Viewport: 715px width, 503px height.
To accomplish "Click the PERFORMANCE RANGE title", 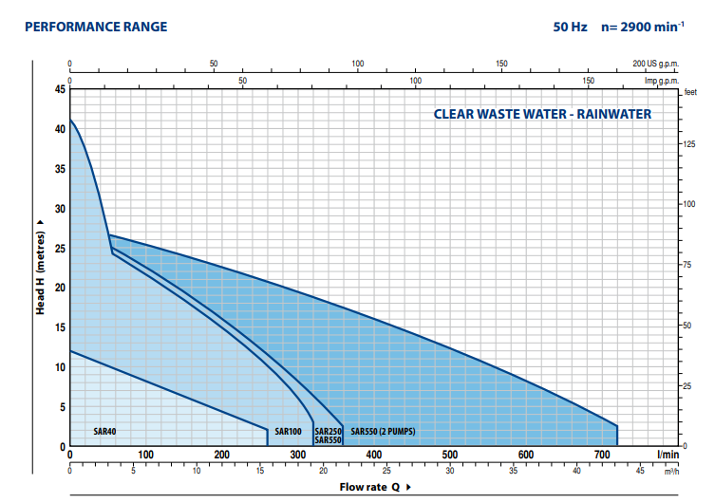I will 95,27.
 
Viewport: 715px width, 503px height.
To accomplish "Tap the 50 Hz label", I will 571,27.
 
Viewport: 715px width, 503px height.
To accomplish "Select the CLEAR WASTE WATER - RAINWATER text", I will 542,115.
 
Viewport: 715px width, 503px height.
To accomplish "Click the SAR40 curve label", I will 104,432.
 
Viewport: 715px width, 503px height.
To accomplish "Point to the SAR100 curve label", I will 288,432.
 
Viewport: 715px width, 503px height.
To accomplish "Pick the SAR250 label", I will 328,432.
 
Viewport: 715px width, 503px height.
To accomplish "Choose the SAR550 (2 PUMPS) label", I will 383,432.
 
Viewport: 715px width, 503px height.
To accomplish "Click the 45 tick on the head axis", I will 61,89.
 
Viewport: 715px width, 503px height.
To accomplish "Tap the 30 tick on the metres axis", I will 61,209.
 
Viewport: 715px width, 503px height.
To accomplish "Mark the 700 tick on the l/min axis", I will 602,455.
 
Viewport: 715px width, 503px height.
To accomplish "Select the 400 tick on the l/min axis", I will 374,455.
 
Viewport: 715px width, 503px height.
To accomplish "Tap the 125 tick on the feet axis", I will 689,143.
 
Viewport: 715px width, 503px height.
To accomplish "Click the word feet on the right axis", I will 689,92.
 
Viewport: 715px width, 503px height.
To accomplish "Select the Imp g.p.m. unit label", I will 663,82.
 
